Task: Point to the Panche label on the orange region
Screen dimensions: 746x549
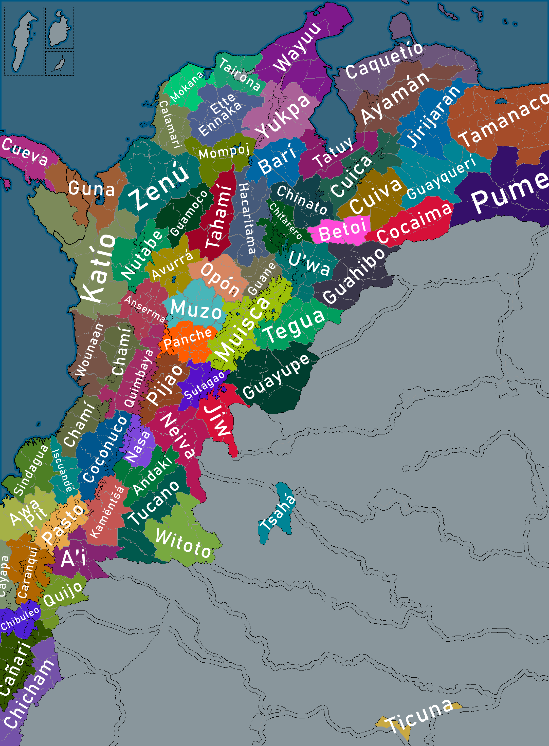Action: tap(188, 338)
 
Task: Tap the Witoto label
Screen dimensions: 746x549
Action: tap(183, 543)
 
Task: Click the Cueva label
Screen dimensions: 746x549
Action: tap(25, 152)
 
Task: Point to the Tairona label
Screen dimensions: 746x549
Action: tap(239, 74)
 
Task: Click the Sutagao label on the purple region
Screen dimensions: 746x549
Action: tap(204, 385)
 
